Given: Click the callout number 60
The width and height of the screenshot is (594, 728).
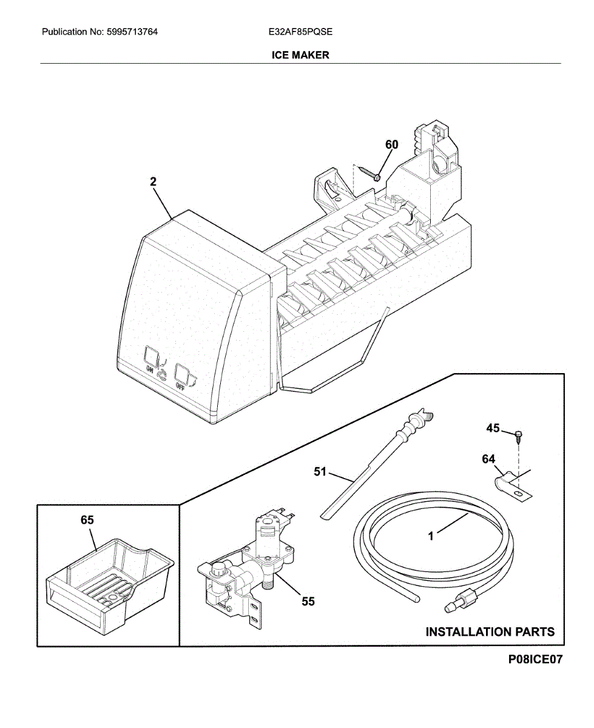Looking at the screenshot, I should [392, 144].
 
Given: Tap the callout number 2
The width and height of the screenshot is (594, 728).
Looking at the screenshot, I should [154, 181].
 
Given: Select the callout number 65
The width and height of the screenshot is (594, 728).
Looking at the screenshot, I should [87, 520].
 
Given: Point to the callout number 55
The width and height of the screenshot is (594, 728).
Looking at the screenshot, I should [308, 601].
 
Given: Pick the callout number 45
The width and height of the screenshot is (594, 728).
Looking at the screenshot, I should [493, 428].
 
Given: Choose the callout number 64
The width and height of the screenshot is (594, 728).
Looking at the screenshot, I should [488, 459].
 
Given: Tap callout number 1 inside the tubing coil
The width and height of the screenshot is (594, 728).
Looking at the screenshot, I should [431, 536].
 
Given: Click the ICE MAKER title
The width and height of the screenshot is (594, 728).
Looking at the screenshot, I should [300, 55].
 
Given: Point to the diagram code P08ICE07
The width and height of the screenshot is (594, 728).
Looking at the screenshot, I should [536, 659].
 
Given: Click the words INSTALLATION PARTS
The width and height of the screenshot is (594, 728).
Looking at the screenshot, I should [490, 632].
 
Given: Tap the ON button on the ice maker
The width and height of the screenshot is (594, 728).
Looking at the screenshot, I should [150, 356].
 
